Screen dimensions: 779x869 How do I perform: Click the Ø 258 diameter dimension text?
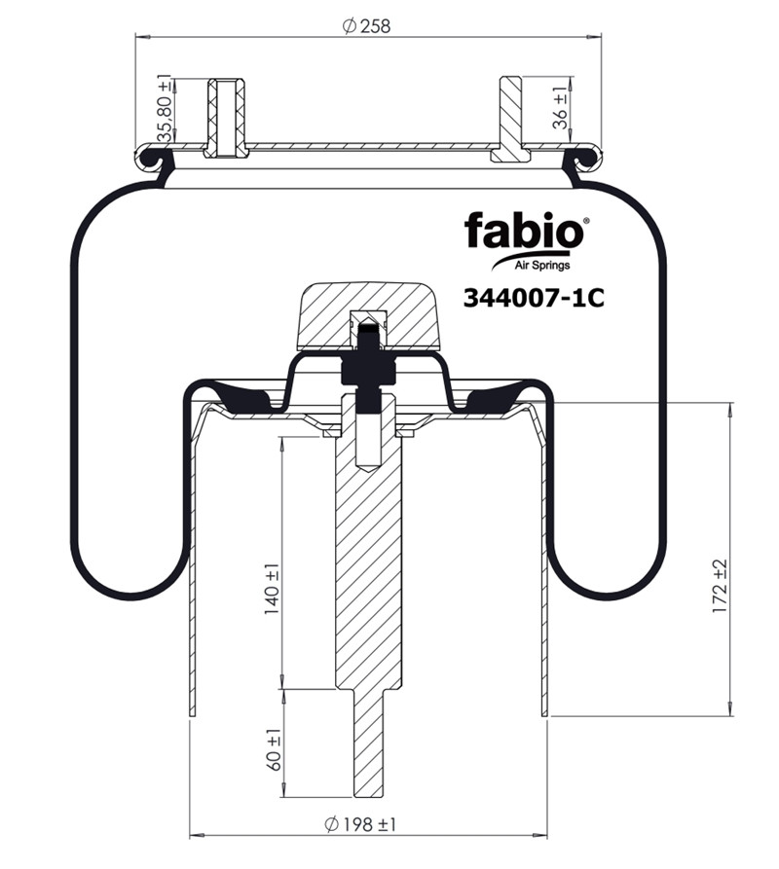tap(366, 26)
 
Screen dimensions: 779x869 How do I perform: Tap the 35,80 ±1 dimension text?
tap(166, 108)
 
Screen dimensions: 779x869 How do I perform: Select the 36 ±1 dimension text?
tap(561, 107)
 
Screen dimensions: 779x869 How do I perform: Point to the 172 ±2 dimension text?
tap(720, 586)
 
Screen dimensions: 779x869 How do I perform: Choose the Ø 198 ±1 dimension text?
tap(360, 824)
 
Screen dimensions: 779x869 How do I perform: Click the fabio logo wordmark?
tap(524, 231)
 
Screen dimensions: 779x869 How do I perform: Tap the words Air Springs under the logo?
tap(542, 265)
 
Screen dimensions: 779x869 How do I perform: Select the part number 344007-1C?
tap(534, 299)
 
